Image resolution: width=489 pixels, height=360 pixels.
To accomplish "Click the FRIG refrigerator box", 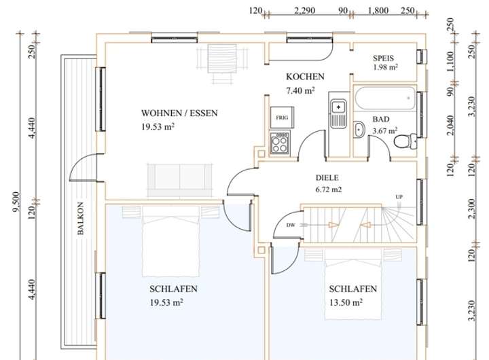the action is (282, 118).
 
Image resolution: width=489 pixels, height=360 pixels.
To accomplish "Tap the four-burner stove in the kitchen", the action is (279, 143).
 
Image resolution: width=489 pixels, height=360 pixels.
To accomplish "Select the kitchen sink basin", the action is (338, 107).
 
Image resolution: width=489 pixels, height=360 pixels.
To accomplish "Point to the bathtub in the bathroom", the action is (385, 98).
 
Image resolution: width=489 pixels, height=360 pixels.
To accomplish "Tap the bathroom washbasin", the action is (359, 129).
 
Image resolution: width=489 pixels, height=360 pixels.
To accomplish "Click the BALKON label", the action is (80, 218).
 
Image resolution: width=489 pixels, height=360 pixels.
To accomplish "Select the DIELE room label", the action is (327, 178).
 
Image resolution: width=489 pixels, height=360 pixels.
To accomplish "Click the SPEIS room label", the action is (383, 58).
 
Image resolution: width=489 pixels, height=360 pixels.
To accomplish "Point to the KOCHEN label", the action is (305, 77).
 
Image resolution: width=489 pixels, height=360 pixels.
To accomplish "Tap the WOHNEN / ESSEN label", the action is (179, 113).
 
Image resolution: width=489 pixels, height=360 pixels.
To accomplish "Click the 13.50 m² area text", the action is (346, 302).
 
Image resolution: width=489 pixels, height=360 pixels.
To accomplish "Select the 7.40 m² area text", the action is (300, 90).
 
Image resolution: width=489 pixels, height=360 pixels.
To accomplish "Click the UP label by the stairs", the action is (399, 197).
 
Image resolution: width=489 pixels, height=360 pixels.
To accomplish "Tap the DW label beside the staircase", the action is (291, 225).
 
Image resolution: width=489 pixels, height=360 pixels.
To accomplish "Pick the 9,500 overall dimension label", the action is (16, 202).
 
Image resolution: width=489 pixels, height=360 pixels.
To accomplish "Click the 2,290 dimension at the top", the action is (305, 11).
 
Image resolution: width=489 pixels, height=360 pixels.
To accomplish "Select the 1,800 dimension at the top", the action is (378, 11).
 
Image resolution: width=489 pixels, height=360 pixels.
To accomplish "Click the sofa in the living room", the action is (179, 180).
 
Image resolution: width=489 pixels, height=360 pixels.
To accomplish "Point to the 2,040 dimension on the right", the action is (450, 126).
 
